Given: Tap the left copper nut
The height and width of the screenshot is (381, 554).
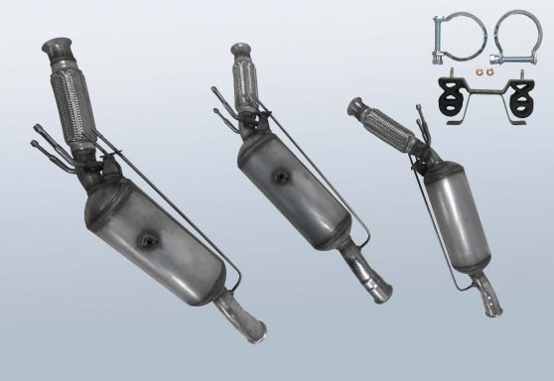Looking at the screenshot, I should tap(481, 70).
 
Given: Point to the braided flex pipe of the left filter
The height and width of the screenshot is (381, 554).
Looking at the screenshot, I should tap(73, 99).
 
